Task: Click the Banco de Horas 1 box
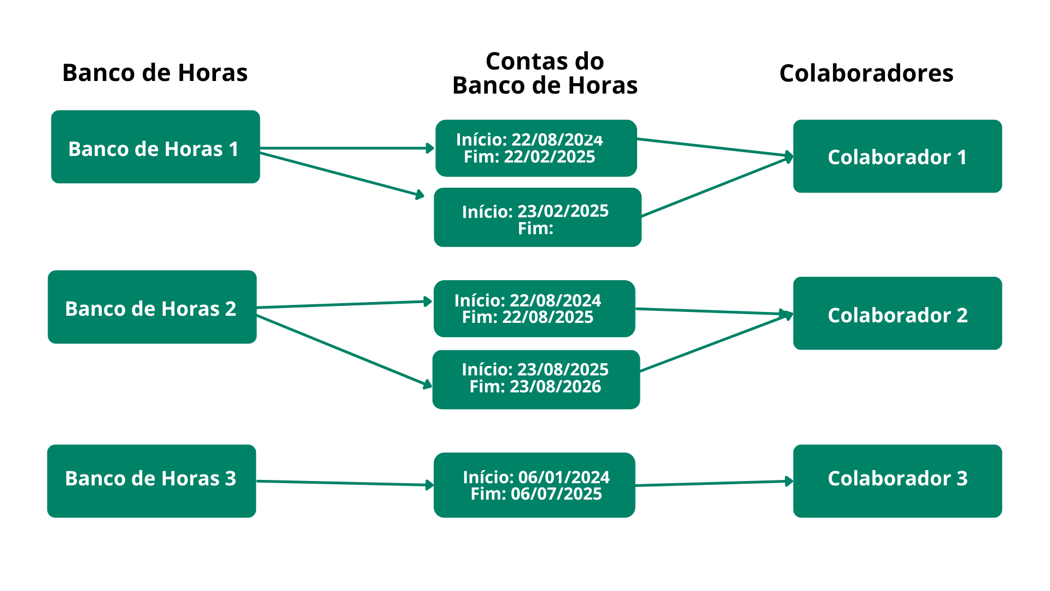click(x=155, y=147)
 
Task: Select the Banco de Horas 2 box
click(x=152, y=307)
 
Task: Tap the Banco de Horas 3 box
click(x=151, y=481)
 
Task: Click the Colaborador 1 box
click(x=897, y=156)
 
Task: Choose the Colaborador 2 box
click(x=897, y=313)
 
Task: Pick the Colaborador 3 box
click(x=897, y=481)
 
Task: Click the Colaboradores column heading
click(x=866, y=73)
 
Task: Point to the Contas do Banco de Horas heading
click(x=545, y=73)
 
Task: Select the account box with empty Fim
click(x=538, y=217)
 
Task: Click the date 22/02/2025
click(x=550, y=157)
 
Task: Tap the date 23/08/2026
click(x=555, y=387)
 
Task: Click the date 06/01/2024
click(x=564, y=477)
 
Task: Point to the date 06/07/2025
click(x=556, y=494)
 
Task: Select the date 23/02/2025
click(x=563, y=211)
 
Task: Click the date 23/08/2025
click(x=563, y=369)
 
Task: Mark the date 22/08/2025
click(x=547, y=317)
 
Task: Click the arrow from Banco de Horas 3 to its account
click(x=345, y=483)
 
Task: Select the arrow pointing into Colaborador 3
click(x=714, y=483)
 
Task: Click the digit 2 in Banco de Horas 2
click(x=230, y=309)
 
